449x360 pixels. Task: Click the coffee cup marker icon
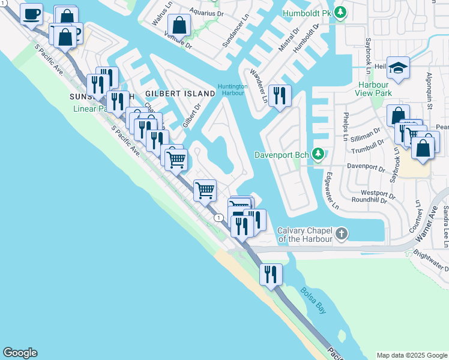(31, 13)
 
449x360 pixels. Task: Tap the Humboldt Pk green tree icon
(341, 12)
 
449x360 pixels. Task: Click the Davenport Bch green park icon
(318, 155)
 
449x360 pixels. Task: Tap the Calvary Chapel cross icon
(342, 233)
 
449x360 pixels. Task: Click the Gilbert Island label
(179, 94)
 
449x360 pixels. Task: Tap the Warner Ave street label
(427, 221)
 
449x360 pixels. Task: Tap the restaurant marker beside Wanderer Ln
(280, 95)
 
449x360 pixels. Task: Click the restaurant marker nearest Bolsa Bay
(271, 274)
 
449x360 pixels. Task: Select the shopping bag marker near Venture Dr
(179, 25)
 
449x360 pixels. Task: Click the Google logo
(20, 353)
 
